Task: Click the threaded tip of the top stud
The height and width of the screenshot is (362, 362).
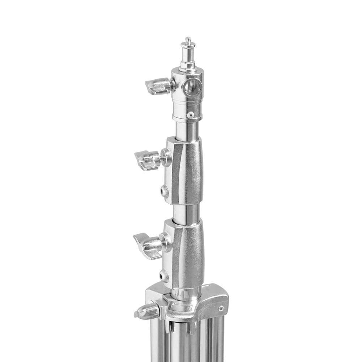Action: tap(188, 39)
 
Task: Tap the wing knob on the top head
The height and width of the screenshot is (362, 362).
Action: tap(158, 86)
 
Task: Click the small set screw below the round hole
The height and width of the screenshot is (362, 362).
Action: tap(190, 115)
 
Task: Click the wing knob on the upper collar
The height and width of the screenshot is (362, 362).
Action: tap(147, 160)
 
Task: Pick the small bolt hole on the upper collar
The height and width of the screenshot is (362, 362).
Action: tap(165, 191)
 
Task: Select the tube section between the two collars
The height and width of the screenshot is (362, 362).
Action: tap(186, 213)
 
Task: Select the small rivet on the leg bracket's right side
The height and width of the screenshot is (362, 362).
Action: tap(221, 308)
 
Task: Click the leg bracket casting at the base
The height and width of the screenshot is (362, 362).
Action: tap(203, 304)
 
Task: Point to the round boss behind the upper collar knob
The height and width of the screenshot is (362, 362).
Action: tap(166, 158)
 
